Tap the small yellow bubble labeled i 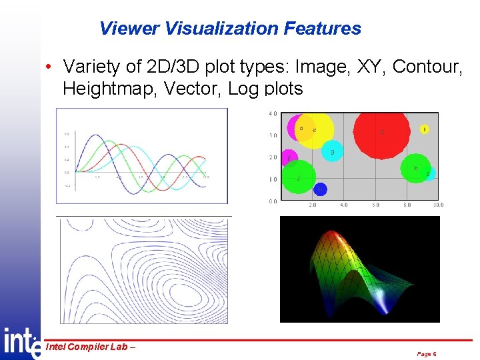tap(425, 129)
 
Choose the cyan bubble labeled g tap(332, 153)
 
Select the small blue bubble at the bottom tap(320, 189)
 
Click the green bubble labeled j tap(299, 177)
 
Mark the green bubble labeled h tap(415, 169)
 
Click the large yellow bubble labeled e tap(313, 131)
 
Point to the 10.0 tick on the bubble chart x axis tap(437, 205)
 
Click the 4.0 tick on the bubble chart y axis tap(273, 114)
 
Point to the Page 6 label tap(426, 354)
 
